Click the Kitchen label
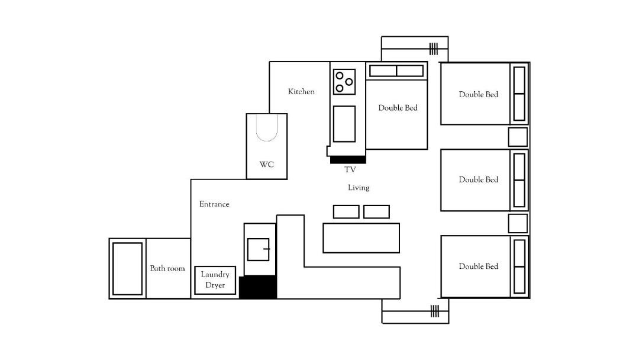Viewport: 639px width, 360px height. tap(301, 92)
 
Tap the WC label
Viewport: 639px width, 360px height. tap(266, 164)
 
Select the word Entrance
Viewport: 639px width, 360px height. tap(214, 204)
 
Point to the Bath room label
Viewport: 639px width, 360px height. tap(167, 268)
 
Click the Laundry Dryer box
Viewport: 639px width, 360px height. tap(215, 280)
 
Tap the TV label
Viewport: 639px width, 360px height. tap(350, 169)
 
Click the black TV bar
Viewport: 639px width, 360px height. tap(348, 160)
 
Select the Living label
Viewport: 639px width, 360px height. tap(359, 188)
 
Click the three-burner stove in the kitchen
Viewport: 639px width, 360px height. tap(344, 82)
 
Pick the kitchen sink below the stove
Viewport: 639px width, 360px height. tap(344, 124)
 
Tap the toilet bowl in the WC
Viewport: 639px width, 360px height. tap(267, 128)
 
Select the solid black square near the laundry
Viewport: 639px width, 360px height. tap(258, 287)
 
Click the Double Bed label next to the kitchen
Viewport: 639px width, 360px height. tap(398, 108)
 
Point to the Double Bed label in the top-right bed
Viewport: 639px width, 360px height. tap(479, 94)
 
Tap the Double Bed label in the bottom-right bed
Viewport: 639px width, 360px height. tap(479, 266)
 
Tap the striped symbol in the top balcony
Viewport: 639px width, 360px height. tap(434, 49)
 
